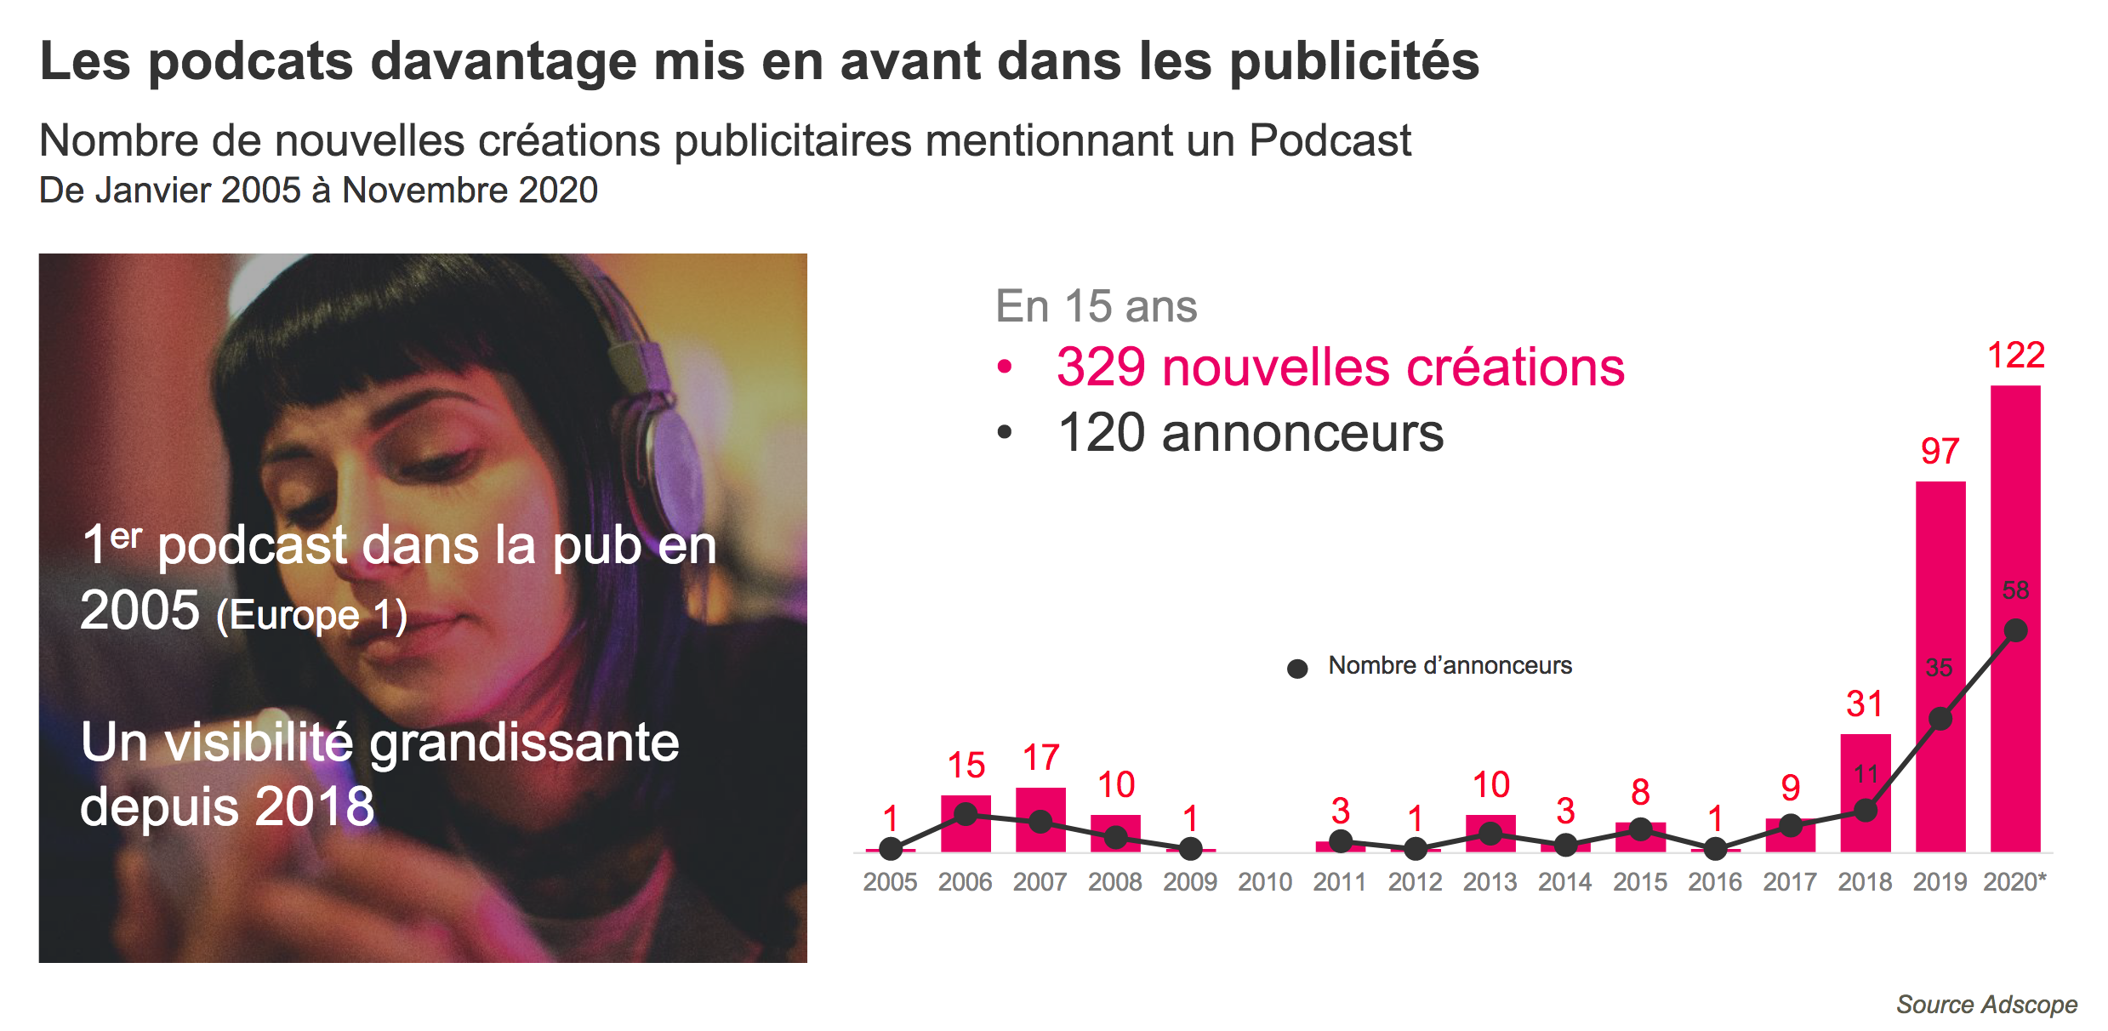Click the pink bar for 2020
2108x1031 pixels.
[x=2014, y=510]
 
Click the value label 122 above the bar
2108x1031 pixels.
[x=2015, y=356]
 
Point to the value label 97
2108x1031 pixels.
[x=1940, y=452]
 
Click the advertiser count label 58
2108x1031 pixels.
[x=2015, y=590]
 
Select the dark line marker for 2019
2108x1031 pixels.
[x=1940, y=720]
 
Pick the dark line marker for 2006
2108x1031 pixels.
[x=966, y=814]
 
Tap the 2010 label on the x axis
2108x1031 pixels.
[x=1265, y=882]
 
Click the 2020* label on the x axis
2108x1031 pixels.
[x=2014, y=882]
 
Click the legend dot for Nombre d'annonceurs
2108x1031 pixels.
[x=1297, y=669]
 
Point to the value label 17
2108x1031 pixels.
[x=1040, y=758]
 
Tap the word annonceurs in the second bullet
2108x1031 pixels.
[x=1302, y=433]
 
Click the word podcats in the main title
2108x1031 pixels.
[x=251, y=62]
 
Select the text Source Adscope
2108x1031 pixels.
[x=1986, y=1005]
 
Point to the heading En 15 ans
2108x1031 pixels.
[x=1096, y=306]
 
